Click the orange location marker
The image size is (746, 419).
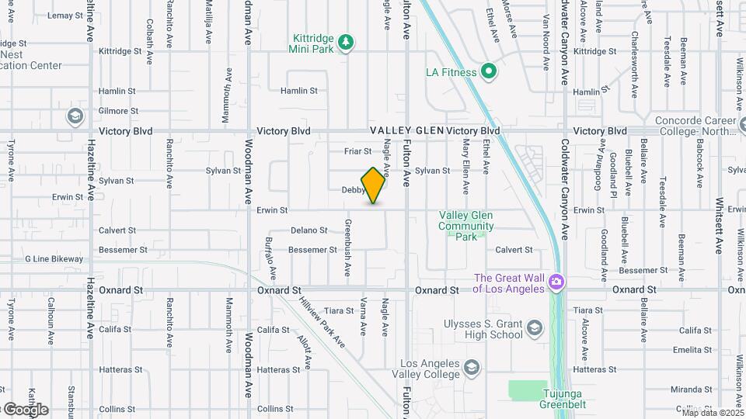click(x=374, y=185)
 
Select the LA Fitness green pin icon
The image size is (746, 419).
click(x=488, y=72)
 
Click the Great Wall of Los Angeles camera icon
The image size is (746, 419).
click(x=556, y=282)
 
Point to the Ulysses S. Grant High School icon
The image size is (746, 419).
click(x=534, y=328)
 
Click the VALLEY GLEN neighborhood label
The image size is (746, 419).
click(x=406, y=131)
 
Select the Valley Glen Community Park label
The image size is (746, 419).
click(x=466, y=226)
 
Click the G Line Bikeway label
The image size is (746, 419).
click(x=54, y=259)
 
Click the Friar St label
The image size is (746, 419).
click(x=358, y=152)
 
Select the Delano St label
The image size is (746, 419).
click(x=309, y=230)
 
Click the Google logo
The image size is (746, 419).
click(x=25, y=410)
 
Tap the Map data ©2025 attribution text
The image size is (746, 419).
click(x=713, y=412)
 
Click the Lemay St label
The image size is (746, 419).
click(x=64, y=16)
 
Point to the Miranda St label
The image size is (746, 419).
click(x=686, y=390)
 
